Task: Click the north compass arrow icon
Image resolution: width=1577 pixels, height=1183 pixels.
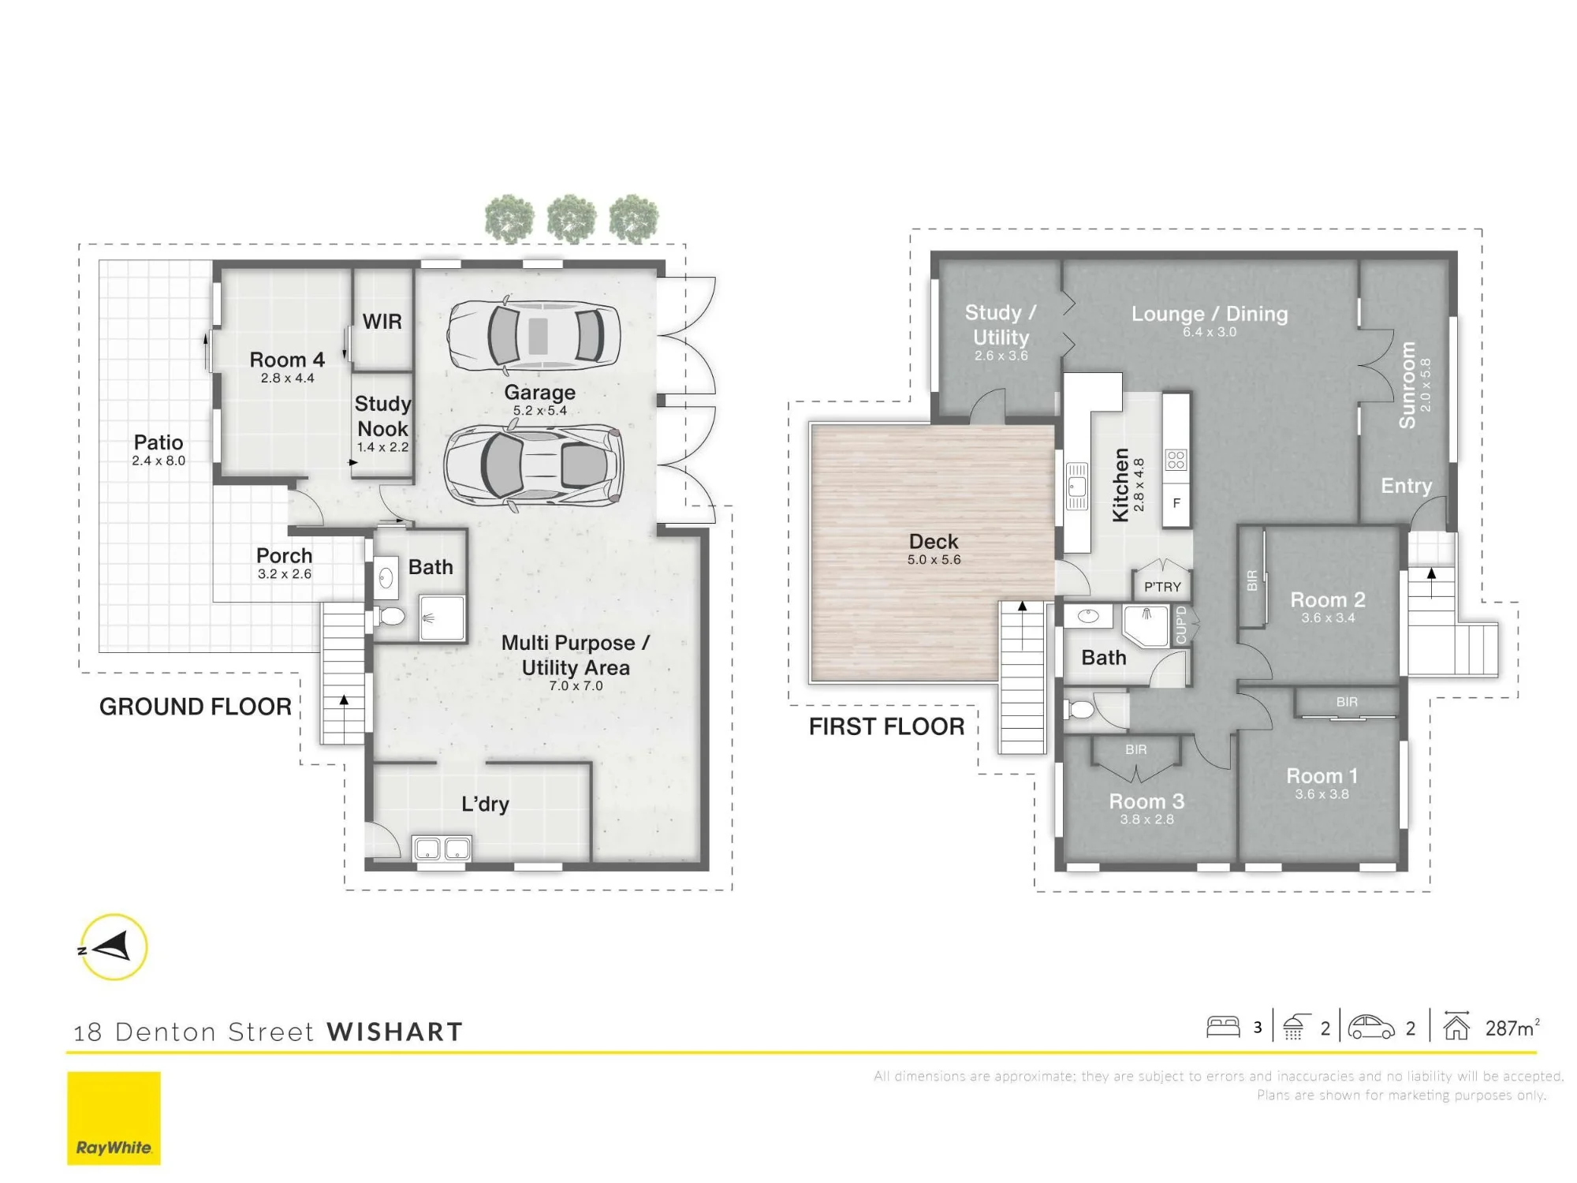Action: pos(114,946)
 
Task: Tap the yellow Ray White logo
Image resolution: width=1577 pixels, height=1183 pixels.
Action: pos(114,1118)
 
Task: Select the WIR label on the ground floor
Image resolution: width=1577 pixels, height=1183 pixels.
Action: pos(382,322)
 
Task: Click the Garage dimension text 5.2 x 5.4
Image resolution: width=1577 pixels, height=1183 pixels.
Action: pos(540,410)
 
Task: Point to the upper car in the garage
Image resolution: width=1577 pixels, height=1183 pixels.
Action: pos(534,334)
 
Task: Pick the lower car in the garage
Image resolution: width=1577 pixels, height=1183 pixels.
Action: pos(534,465)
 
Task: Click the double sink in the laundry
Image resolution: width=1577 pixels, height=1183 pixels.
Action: pos(442,849)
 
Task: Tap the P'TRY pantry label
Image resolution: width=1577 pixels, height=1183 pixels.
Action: pos(1162,587)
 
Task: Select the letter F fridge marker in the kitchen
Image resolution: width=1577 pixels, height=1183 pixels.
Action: pos(1176,503)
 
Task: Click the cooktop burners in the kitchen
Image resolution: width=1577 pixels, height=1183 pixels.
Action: pos(1176,459)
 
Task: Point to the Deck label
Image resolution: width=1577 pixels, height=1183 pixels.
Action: pos(934,542)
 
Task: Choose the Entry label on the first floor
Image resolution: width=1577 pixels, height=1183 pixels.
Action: pos(1406,486)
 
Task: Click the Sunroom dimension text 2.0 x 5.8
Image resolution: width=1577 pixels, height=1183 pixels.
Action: pos(1426,385)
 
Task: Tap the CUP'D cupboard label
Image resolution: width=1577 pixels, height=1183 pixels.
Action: pos(1180,625)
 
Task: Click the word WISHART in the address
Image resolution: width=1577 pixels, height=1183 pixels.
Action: pos(395,1032)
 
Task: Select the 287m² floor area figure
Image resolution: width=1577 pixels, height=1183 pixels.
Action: pos(1512,1028)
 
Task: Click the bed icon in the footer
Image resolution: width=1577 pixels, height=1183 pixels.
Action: pos(1223,1026)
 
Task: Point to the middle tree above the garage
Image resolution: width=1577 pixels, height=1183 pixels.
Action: pos(572,218)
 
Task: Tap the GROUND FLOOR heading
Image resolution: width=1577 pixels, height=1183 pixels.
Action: pos(196,707)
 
